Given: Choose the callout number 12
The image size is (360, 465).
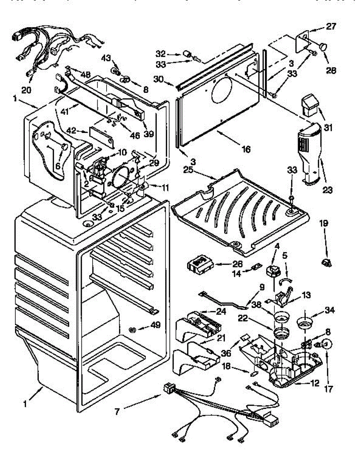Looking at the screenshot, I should point(315,383).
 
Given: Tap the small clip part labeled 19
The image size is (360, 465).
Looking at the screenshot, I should point(325,263).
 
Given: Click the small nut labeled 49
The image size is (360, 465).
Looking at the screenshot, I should point(132,330).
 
